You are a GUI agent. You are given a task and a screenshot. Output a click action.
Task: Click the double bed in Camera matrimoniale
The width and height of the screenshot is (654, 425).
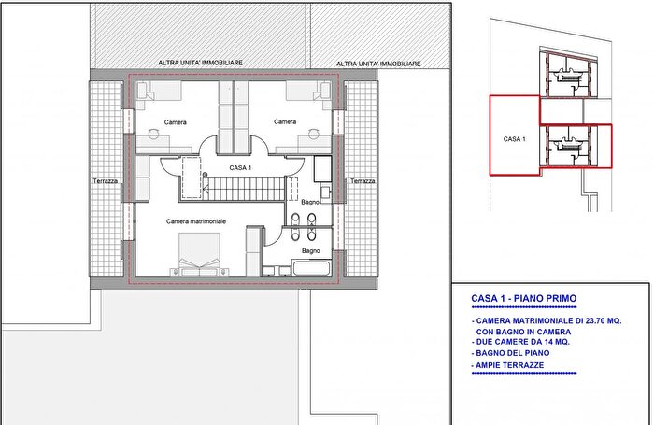point(199,254)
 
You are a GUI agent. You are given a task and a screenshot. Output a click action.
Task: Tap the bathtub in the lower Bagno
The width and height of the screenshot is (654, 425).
point(311,268)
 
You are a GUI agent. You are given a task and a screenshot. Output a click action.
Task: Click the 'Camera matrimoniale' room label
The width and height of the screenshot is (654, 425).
point(196,221)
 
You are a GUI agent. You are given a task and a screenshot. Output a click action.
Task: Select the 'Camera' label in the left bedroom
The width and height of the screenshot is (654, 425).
point(176,122)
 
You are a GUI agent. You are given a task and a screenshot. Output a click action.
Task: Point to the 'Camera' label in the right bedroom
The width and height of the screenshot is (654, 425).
point(285,121)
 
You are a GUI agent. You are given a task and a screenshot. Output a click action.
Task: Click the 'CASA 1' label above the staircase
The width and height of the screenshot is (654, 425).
point(240,167)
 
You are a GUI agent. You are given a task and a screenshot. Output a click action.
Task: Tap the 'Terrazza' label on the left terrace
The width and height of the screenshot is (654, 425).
point(105,181)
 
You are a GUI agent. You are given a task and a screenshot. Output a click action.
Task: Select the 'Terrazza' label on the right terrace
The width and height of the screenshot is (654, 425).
point(363,181)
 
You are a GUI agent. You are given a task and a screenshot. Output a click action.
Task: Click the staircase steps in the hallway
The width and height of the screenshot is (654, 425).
point(244,189)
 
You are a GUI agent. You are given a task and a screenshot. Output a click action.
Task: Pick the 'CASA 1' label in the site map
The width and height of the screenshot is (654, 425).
point(514,139)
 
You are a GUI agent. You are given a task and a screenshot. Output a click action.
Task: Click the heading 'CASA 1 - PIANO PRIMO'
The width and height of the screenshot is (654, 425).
point(524,298)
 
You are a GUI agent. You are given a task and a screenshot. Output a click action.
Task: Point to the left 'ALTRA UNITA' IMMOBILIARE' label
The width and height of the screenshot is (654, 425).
point(200,63)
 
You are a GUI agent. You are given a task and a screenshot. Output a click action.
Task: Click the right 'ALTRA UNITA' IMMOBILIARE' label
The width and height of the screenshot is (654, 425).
point(378,64)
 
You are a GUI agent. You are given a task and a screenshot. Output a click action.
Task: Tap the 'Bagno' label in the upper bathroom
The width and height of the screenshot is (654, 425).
point(310,202)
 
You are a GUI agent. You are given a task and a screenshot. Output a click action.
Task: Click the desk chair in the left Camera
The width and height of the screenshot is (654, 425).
point(153,134)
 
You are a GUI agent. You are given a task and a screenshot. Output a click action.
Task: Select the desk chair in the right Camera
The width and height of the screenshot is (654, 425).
point(313,134)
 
